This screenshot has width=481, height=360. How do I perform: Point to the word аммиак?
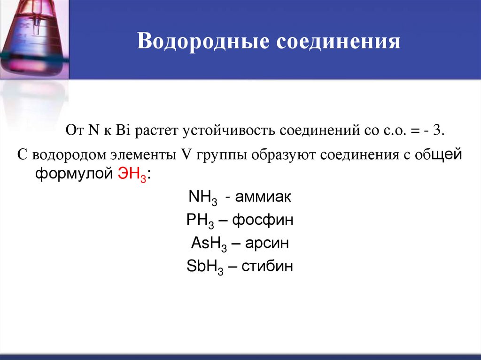point(264,197)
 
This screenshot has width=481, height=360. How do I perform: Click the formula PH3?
point(202,221)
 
